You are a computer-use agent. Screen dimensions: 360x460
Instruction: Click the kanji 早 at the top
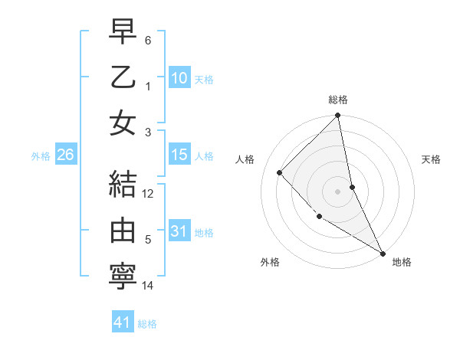(x=123, y=32)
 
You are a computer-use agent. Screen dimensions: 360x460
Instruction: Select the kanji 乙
(x=123, y=77)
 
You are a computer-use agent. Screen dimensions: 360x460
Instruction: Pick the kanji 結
(x=123, y=185)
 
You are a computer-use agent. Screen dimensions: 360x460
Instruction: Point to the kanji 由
(x=123, y=231)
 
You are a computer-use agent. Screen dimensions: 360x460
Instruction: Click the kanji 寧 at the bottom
(x=123, y=277)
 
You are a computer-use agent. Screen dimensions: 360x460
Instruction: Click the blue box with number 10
(x=179, y=78)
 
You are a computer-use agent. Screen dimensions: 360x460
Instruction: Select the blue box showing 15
(x=179, y=155)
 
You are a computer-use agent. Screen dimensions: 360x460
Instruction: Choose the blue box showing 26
(x=65, y=155)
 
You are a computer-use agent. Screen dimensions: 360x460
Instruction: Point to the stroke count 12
(x=148, y=194)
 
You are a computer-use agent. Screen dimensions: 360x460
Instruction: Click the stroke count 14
(x=148, y=286)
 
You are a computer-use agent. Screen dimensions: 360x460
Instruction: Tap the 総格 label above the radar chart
(x=338, y=100)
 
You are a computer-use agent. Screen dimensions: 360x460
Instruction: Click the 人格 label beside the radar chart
(x=246, y=159)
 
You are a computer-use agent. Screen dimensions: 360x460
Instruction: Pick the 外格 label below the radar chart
(x=269, y=262)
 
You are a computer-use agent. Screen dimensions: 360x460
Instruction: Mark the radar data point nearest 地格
(x=382, y=252)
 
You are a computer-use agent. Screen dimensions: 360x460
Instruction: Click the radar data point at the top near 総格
(x=337, y=116)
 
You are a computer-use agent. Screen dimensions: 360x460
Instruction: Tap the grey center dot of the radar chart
(x=337, y=191)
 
